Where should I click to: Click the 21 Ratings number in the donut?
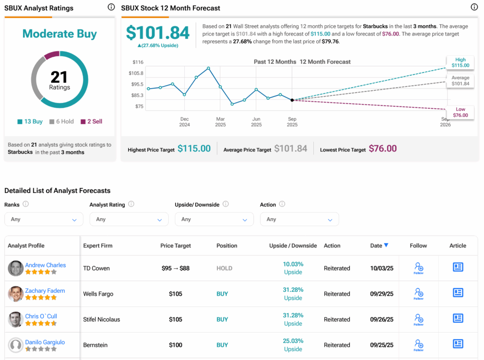60,77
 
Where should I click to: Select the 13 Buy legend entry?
30,122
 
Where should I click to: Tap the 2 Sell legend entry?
91,122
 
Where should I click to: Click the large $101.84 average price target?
158,32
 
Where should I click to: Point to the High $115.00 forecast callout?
460,62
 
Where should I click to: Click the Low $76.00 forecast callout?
460,112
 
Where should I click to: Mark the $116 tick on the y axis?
138,62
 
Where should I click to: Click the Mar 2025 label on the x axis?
220,122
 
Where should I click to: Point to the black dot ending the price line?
292,100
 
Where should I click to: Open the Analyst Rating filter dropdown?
129,220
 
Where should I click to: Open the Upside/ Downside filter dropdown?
214,220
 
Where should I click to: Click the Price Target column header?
175,246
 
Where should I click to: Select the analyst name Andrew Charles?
45,265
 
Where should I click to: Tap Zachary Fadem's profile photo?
16,294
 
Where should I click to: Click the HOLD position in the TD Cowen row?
224,268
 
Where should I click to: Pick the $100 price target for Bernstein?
175,345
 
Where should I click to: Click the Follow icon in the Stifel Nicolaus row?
418,319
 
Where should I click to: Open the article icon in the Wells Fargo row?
458,293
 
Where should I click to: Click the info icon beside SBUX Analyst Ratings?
111,7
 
